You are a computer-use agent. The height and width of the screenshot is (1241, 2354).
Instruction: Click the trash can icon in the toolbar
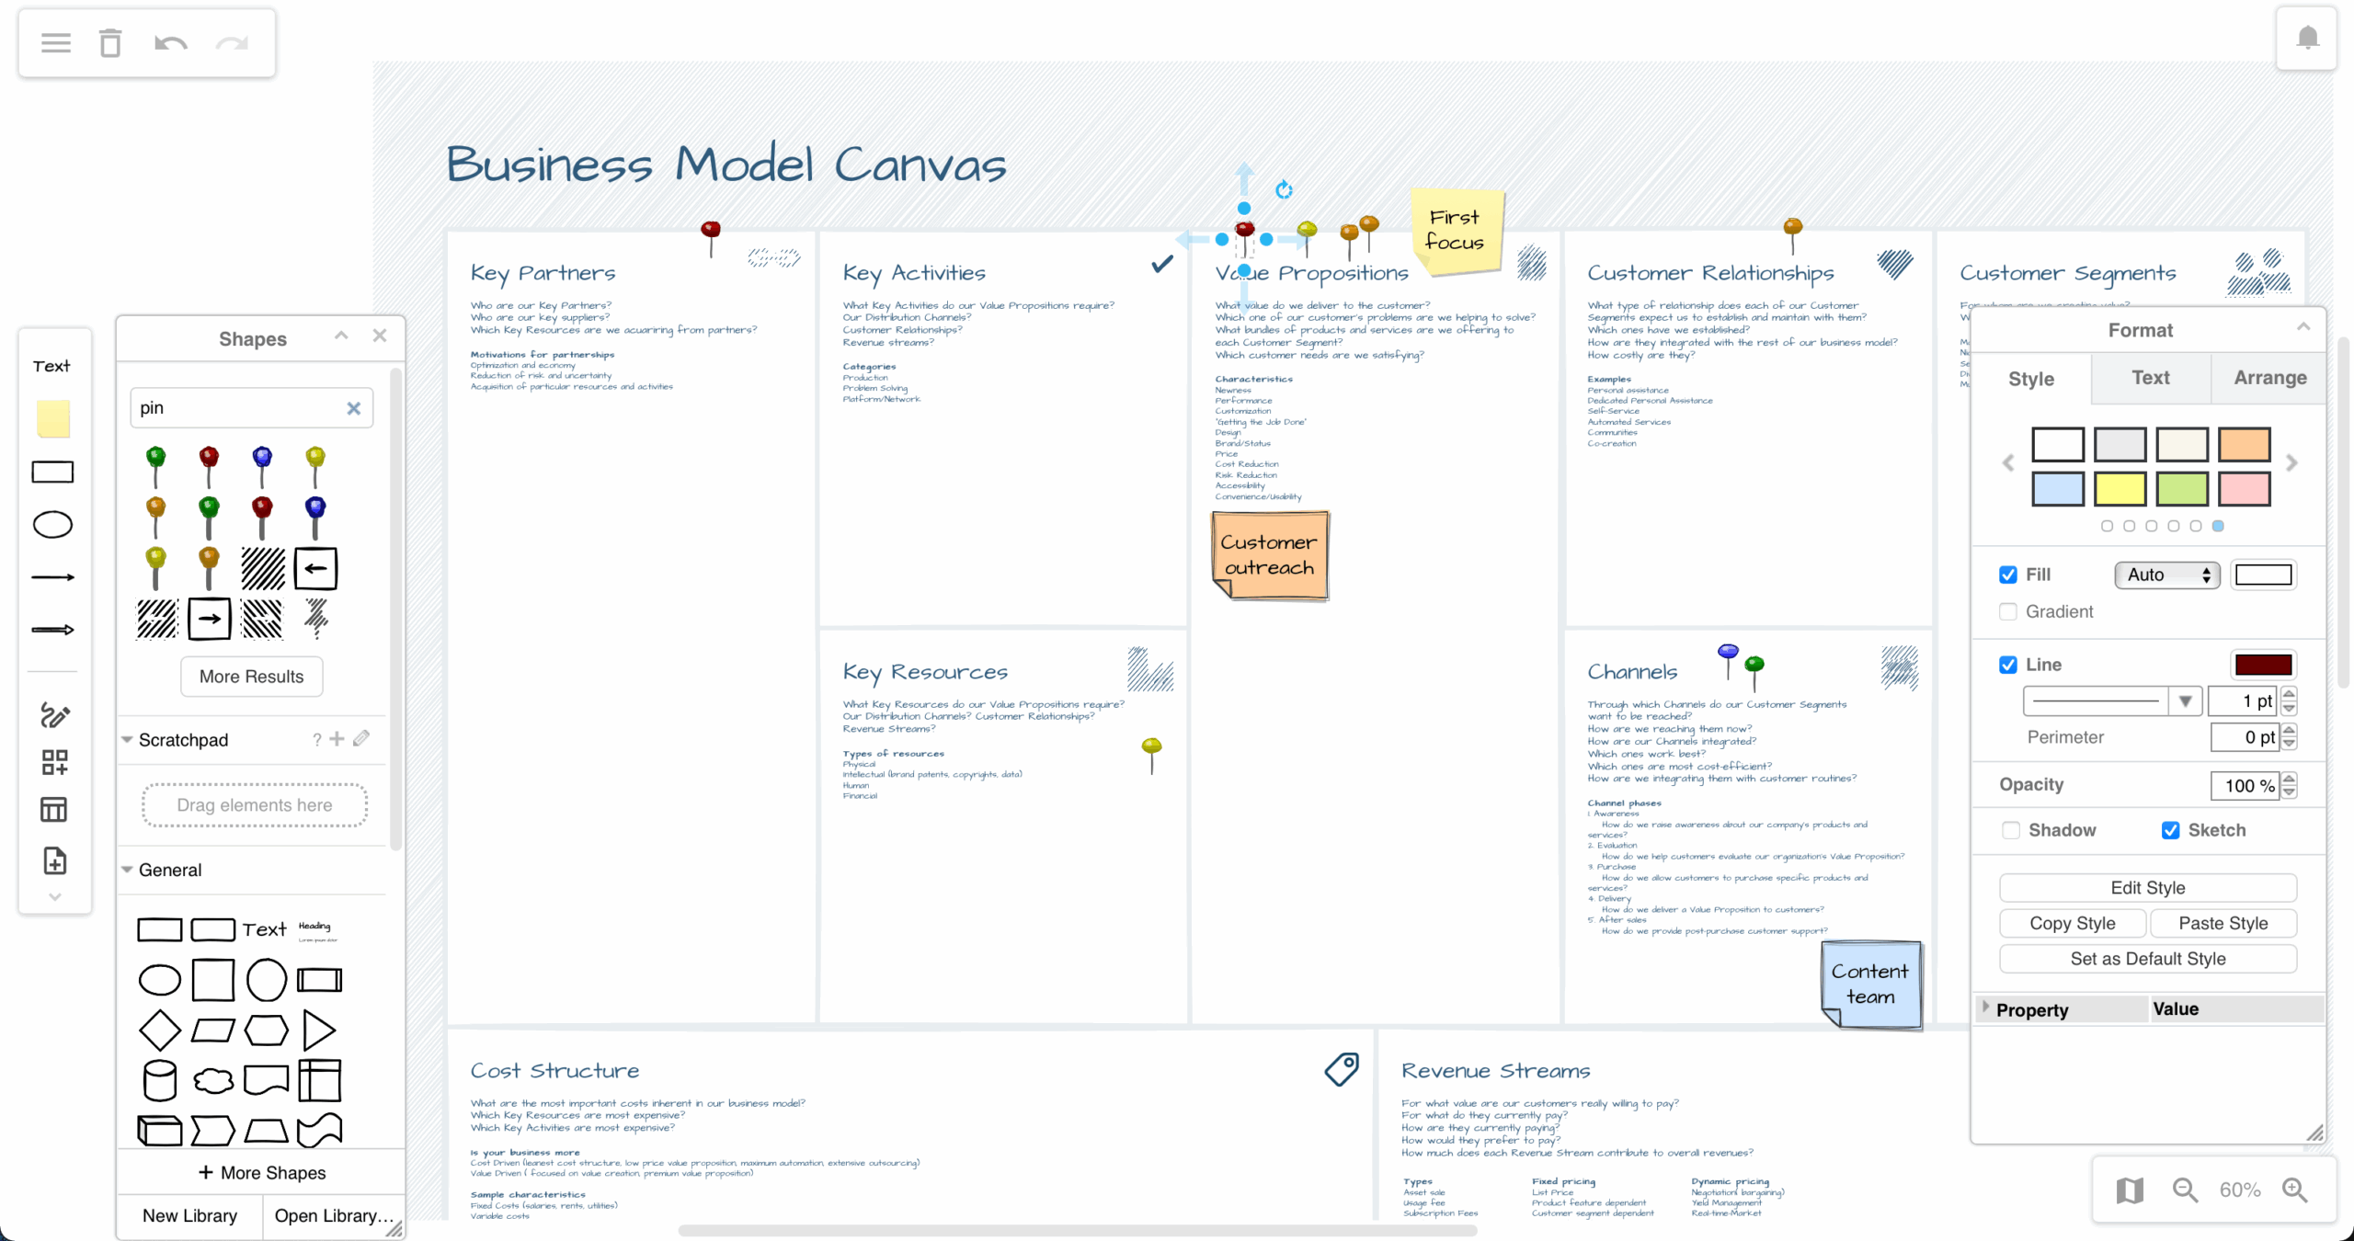pyautogui.click(x=110, y=43)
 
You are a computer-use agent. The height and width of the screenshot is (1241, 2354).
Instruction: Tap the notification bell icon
pyautogui.click(x=2307, y=38)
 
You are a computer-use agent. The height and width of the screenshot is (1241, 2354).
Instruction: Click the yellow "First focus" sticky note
pyautogui.click(x=1457, y=230)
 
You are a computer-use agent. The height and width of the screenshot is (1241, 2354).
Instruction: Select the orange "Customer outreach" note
pyautogui.click(x=1269, y=555)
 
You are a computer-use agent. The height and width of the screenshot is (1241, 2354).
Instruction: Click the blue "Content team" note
pyautogui.click(x=1870, y=984)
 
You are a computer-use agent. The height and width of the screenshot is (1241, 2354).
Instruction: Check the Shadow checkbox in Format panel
pyautogui.click(x=2011, y=830)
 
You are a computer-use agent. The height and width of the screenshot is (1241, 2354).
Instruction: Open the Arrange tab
pyautogui.click(x=2269, y=378)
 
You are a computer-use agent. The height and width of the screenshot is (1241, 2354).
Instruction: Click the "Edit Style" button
pyautogui.click(x=2147, y=887)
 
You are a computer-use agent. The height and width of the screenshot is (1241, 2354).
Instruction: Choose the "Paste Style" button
pyautogui.click(x=2223, y=923)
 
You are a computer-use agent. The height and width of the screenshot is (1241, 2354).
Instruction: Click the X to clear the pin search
pyautogui.click(x=354, y=408)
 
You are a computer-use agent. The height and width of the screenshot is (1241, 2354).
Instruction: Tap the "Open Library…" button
pyautogui.click(x=333, y=1215)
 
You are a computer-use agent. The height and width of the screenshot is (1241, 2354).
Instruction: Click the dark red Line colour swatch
pyautogui.click(x=2263, y=665)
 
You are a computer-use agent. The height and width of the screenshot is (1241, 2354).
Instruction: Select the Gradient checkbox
pyautogui.click(x=2008, y=611)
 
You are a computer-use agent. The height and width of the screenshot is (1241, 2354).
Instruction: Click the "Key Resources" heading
pyautogui.click(x=925, y=672)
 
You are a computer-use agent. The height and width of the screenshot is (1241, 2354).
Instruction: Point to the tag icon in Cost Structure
pyautogui.click(x=1342, y=1069)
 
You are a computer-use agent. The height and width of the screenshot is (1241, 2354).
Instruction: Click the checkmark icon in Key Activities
pyautogui.click(x=1162, y=265)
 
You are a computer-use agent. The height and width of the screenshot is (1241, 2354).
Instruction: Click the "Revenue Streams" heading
pyautogui.click(x=1495, y=1071)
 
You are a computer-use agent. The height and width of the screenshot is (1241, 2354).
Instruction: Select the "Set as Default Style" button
pyautogui.click(x=2147, y=959)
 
